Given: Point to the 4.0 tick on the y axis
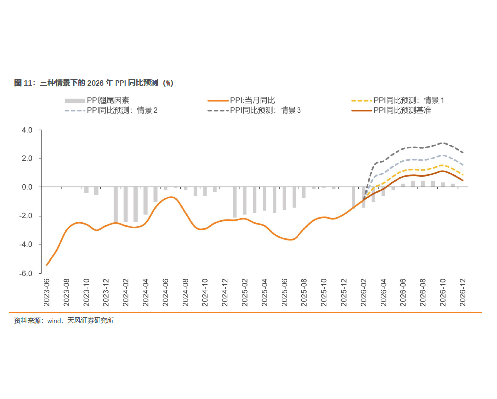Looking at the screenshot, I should pos(27,130).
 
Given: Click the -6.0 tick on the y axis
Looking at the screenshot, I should pos(26,273).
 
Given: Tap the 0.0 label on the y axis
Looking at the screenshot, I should pos(27,187).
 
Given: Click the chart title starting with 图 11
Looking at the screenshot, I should pos(94,83).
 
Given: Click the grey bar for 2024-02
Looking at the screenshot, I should pos(126,204).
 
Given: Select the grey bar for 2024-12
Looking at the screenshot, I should pos(235,202).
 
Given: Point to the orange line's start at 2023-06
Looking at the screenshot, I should pos(47,265).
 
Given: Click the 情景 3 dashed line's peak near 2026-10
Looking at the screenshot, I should pos(443,143).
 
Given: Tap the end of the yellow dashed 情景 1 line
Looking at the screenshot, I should pos(463,175).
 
